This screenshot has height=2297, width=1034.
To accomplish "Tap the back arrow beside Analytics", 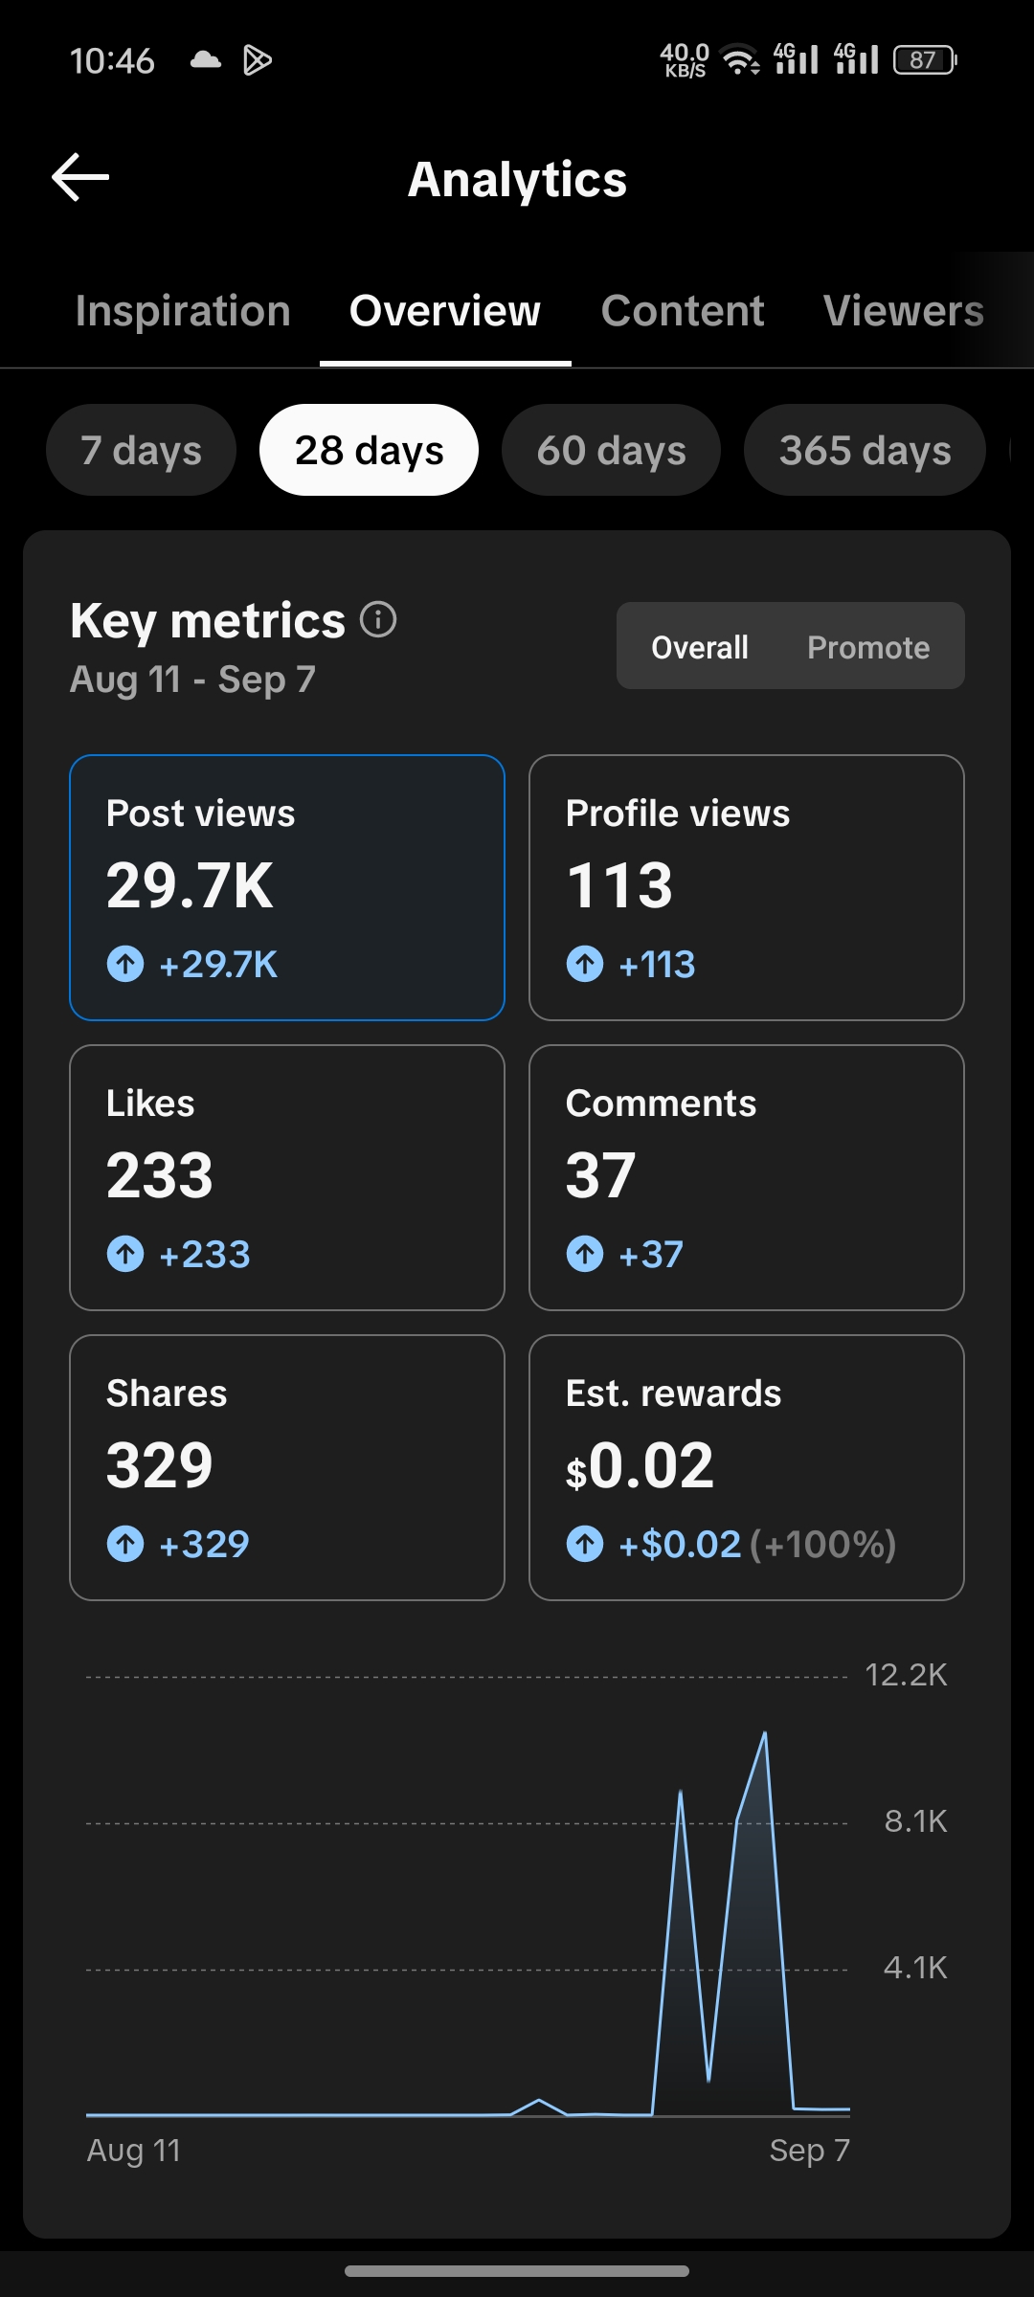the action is (x=80, y=177).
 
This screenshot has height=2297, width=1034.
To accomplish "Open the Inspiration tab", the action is (x=183, y=311).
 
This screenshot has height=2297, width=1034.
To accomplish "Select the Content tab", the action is (x=683, y=311).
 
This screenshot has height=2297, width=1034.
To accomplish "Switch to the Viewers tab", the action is (x=904, y=311).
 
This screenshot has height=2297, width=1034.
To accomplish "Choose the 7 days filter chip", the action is (x=141, y=450).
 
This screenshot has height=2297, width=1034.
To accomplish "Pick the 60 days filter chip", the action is (x=611, y=450).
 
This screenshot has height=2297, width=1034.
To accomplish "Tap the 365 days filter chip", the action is (x=865, y=450).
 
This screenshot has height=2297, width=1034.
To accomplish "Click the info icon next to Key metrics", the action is (x=378, y=619).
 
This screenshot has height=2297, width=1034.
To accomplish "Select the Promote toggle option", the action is (x=868, y=647).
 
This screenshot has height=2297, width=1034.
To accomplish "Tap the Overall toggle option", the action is (x=700, y=647).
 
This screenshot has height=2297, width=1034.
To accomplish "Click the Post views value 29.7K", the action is (x=190, y=885).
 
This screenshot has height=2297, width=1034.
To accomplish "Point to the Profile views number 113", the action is (x=619, y=885).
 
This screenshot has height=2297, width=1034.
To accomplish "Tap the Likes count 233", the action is (x=160, y=1175).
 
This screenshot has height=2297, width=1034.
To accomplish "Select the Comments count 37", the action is (x=600, y=1175).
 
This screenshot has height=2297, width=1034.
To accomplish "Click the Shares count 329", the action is (x=160, y=1465).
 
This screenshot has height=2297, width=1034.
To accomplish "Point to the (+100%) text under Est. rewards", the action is (x=823, y=1544).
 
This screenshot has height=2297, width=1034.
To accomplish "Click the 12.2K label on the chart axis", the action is (x=906, y=1675).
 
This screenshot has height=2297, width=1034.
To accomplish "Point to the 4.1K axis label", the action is (x=915, y=1968).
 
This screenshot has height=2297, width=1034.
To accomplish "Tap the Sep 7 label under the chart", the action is (x=810, y=2151).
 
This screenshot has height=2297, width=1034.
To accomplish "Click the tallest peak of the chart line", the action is (x=765, y=1732).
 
